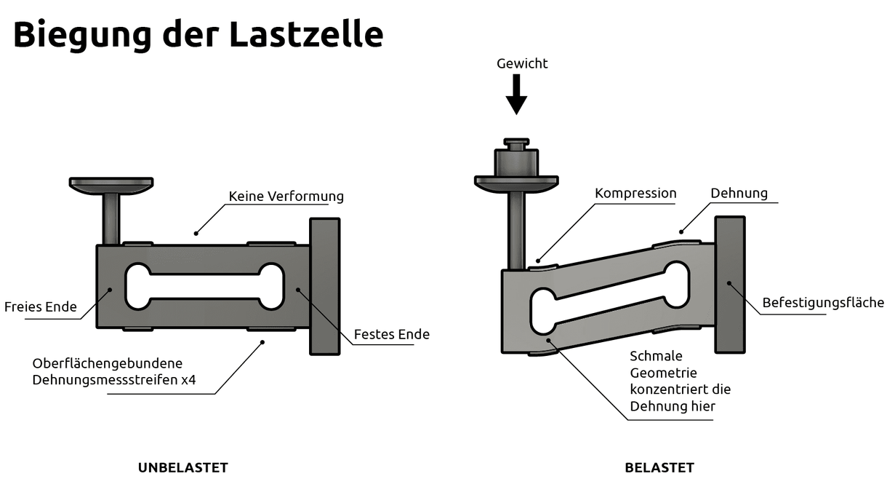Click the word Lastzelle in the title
pyautogui.click(x=305, y=34)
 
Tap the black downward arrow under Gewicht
pyautogui.click(x=516, y=95)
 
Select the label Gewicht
pyautogui.click(x=522, y=63)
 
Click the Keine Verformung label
pyautogui.click(x=286, y=197)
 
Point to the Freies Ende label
pyautogui.click(x=41, y=306)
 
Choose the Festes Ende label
pyautogui.click(x=391, y=334)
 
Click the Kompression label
pyautogui.click(x=635, y=194)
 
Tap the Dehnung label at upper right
pyautogui.click(x=739, y=194)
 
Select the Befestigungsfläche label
pyautogui.click(x=823, y=302)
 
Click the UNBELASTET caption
pyautogui.click(x=183, y=467)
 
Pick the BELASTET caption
pyautogui.click(x=659, y=467)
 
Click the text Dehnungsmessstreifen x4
pyautogui.click(x=114, y=379)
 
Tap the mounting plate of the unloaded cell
pyautogui.click(x=324, y=286)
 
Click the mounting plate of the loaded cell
pyautogui.click(x=729, y=285)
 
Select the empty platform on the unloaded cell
pyautogui.click(x=111, y=183)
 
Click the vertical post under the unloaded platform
pyautogui.click(x=111, y=218)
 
